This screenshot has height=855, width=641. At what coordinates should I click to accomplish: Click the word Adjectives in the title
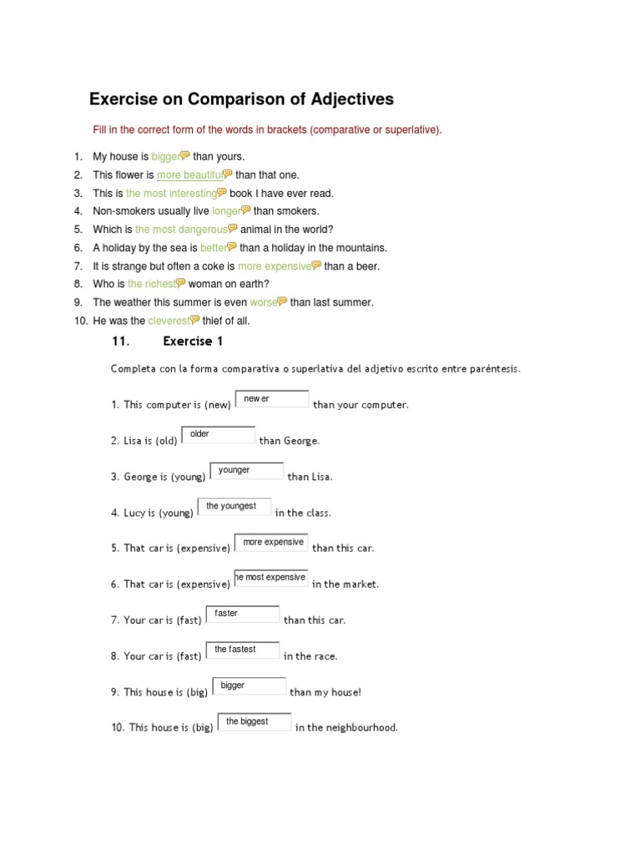pos(341,99)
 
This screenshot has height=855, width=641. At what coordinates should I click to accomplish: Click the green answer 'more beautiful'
pos(189,175)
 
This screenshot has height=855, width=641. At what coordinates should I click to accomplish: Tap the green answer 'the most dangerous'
pos(181,229)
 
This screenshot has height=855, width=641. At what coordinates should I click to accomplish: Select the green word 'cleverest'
pos(169,321)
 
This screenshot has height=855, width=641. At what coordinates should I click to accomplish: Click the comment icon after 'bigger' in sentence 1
pos(185,155)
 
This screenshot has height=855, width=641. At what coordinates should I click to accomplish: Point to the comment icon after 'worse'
pos(282,301)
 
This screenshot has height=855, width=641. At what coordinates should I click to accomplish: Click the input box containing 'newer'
pos(271,399)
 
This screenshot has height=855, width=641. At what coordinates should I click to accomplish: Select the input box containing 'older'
pos(218,434)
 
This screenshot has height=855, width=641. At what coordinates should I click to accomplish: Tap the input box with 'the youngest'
pos(234,506)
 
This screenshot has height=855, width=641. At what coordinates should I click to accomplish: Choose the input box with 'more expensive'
pos(271,542)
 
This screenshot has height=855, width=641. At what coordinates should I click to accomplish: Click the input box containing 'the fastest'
pos(242,650)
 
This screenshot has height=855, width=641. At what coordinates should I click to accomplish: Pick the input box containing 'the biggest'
pos(254,721)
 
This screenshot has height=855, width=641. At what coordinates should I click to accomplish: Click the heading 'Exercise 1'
pos(193,341)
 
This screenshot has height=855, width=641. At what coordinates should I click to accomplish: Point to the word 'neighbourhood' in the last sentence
pos(362,727)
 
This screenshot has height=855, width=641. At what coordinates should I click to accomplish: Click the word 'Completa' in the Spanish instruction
pos(130,368)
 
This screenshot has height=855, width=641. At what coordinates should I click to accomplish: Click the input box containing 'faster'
pos(242,614)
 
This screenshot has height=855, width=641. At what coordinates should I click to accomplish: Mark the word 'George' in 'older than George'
pos(300,441)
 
